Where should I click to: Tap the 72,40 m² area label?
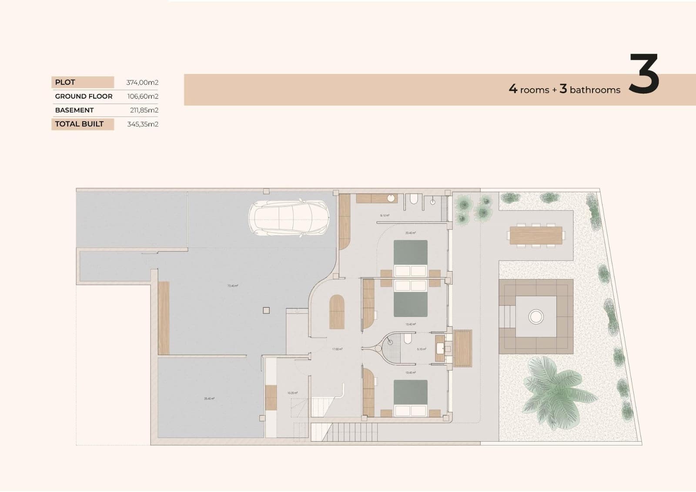click(233, 286)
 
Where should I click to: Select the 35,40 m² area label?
click(209, 398)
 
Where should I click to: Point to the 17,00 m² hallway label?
click(337, 349)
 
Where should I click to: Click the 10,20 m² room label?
click(292, 393)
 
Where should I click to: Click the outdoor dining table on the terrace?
click(536, 236)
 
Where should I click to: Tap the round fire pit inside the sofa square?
click(536, 317)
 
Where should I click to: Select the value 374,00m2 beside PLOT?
click(142, 82)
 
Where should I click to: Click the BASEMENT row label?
click(74, 110)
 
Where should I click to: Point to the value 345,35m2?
click(143, 124)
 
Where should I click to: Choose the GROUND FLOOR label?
click(84, 96)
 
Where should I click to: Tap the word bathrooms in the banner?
click(595, 90)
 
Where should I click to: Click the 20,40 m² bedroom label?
click(411, 233)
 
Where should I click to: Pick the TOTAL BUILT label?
click(79, 124)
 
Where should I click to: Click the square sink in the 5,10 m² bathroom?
click(440, 348)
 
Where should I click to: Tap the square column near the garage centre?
click(266, 310)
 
